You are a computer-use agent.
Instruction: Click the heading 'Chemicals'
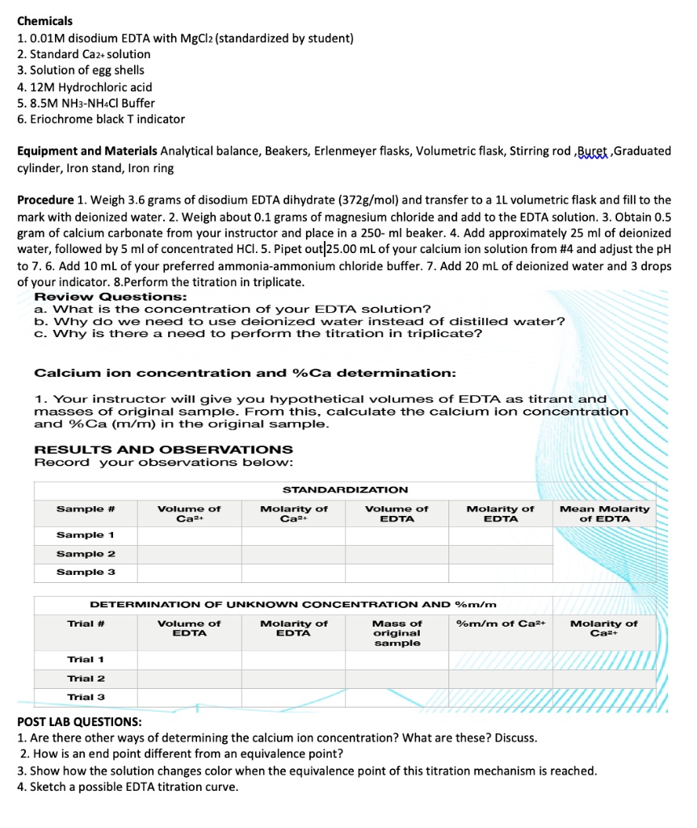pyautogui.click(x=44, y=21)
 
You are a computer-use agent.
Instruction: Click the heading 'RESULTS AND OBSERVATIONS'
pyautogui.click(x=163, y=450)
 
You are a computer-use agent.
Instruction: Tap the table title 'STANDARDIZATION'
pyautogui.click(x=345, y=490)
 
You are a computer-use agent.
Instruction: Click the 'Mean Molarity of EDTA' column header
pyautogui.click(x=604, y=513)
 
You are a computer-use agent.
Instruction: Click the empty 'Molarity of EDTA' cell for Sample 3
pyautogui.click(x=500, y=572)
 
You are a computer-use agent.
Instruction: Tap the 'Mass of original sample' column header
pyautogui.click(x=397, y=633)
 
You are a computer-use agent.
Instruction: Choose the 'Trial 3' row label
pyautogui.click(x=86, y=697)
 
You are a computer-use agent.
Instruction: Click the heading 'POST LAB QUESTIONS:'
pyautogui.click(x=79, y=721)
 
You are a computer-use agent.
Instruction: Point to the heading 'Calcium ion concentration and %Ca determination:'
pyautogui.click(x=245, y=373)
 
